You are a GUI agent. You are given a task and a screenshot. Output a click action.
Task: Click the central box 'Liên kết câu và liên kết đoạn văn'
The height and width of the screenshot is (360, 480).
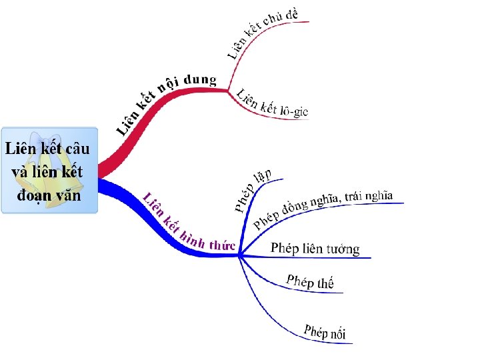coord(49,171)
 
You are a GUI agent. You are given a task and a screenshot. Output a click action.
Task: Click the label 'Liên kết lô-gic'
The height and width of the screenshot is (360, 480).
coord(272,103)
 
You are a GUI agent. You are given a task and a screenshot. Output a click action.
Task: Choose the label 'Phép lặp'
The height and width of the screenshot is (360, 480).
coord(253,190)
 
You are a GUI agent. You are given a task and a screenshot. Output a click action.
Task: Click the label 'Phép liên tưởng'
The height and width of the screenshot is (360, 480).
coord(315,248)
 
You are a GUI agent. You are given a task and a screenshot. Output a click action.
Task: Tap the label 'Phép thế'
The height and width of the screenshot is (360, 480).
coord(310,281)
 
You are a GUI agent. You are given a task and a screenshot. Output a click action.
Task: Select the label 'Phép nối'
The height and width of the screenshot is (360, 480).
coord(325,331)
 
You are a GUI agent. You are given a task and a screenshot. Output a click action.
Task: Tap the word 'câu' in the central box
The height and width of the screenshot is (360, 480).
coord(75,149)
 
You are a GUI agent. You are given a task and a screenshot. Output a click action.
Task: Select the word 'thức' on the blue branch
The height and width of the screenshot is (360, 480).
coord(221,245)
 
